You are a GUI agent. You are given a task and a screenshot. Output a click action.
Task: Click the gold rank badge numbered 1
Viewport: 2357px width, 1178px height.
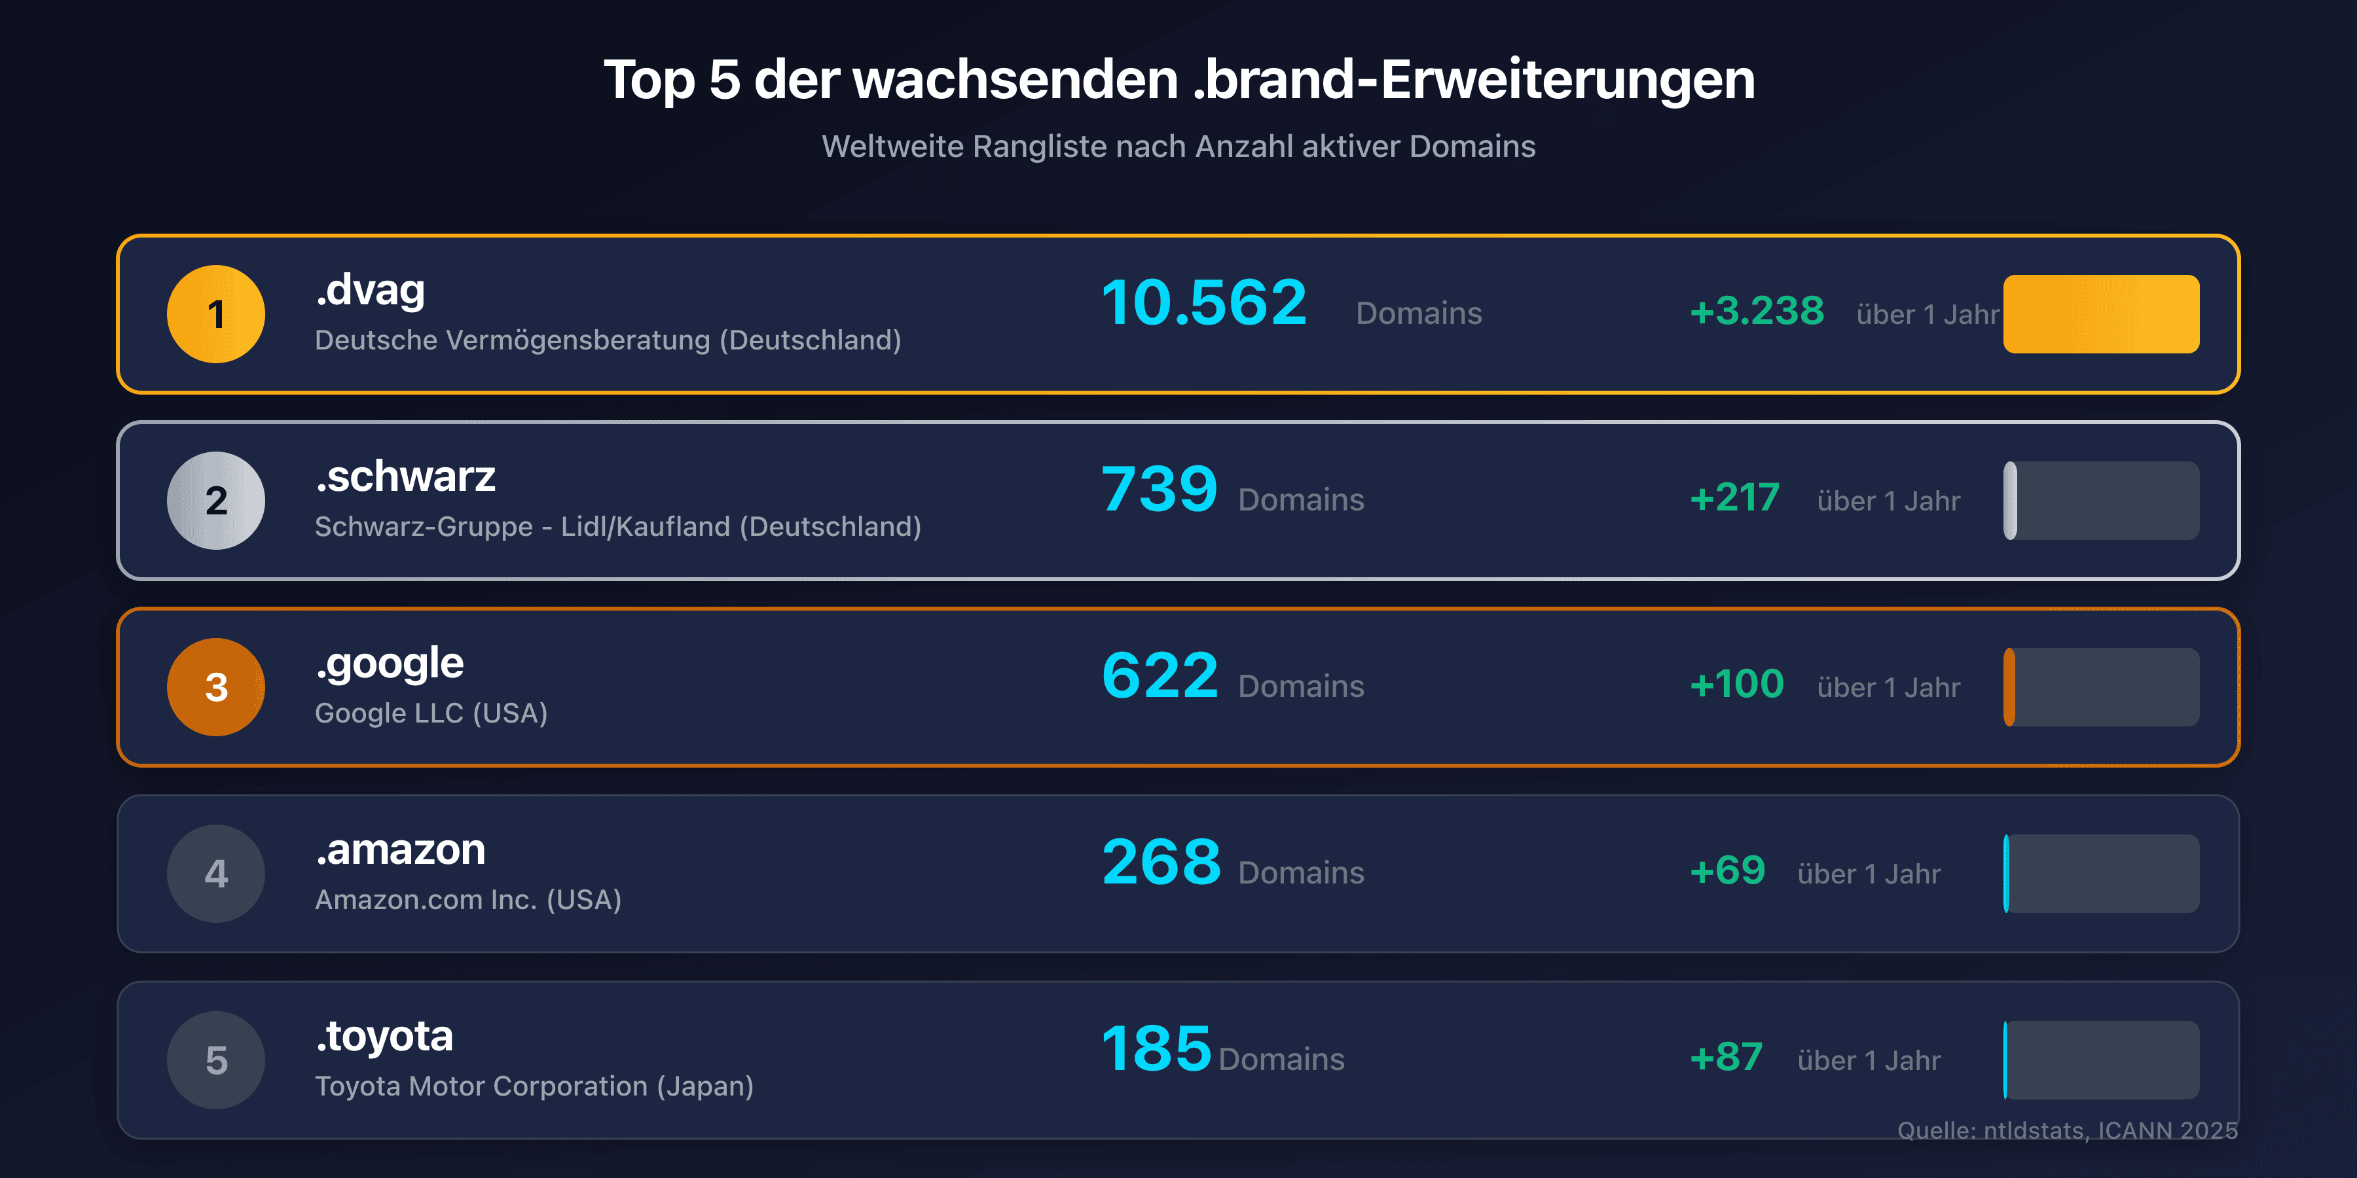216,313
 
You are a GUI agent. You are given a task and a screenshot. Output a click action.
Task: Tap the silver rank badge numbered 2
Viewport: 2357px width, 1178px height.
216,500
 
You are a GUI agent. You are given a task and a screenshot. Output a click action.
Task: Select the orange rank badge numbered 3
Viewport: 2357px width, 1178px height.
216,687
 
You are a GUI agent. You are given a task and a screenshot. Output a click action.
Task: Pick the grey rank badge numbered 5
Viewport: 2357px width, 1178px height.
216,1060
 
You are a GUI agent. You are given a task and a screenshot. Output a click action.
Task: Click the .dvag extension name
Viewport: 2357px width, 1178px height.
371,291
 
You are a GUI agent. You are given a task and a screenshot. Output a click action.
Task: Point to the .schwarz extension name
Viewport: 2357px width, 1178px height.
405,476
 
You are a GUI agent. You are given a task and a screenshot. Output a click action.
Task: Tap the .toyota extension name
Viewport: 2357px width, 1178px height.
384,1036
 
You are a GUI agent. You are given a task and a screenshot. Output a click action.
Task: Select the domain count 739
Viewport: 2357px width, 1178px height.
1160,490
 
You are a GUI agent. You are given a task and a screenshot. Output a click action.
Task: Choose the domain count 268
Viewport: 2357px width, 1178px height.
1161,863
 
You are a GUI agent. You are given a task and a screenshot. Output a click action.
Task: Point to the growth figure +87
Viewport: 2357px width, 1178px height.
1726,1058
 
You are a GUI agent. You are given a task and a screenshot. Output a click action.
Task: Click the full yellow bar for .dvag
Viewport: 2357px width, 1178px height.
2101,313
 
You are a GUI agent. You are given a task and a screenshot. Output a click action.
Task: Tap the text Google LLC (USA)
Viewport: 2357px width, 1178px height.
431,713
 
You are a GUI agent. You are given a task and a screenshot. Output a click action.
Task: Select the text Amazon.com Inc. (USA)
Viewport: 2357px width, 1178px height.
467,900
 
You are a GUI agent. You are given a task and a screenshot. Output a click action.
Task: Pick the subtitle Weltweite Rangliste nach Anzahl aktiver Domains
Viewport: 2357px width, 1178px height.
1178,147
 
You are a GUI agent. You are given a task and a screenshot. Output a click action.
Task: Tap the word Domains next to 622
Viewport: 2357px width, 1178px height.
1300,687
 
